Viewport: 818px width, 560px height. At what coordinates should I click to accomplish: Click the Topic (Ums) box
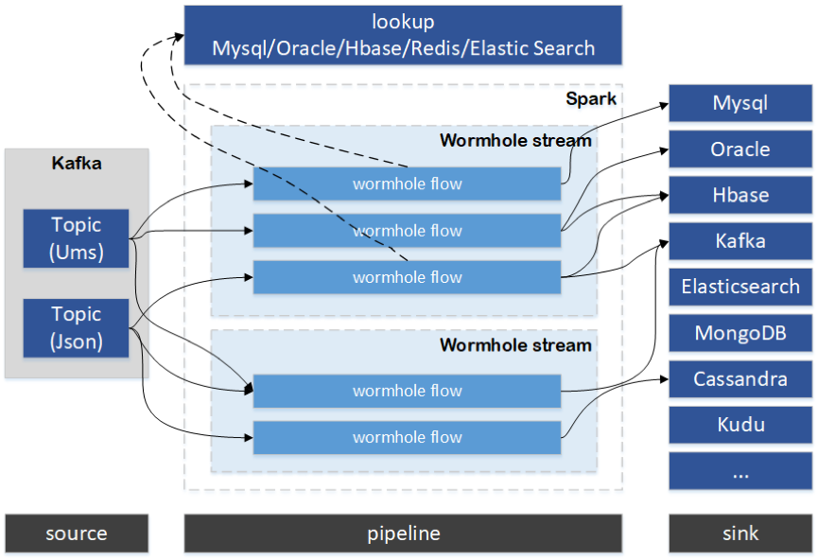coord(76,239)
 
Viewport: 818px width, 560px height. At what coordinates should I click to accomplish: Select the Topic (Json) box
coord(76,327)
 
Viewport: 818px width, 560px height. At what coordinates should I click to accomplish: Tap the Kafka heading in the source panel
coord(77,164)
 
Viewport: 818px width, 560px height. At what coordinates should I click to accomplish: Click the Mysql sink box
coord(740,103)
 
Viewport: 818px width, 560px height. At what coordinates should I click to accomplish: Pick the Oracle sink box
coord(740,149)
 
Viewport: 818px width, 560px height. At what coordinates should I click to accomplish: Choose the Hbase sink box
coord(740,195)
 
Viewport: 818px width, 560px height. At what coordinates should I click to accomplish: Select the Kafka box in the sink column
coord(740,241)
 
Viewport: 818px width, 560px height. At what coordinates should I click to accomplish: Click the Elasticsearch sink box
coord(740,287)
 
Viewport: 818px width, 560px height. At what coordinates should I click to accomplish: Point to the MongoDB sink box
coord(740,333)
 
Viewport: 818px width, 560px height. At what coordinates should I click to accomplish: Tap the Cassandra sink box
coord(740,379)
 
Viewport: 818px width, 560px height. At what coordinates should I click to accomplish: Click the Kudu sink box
coord(740,425)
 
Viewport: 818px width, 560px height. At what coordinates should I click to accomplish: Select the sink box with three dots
coord(740,471)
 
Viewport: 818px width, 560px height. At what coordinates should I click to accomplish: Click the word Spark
coord(591,99)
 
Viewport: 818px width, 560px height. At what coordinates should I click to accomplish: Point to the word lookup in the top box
coord(403,21)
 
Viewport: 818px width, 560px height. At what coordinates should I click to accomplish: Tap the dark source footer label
coord(77,534)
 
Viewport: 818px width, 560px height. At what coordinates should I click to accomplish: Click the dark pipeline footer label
coord(403,534)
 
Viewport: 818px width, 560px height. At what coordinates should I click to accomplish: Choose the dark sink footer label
coord(740,534)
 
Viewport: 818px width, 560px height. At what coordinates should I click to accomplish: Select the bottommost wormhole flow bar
coord(407,437)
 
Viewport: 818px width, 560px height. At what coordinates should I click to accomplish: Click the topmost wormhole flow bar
coord(407,184)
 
